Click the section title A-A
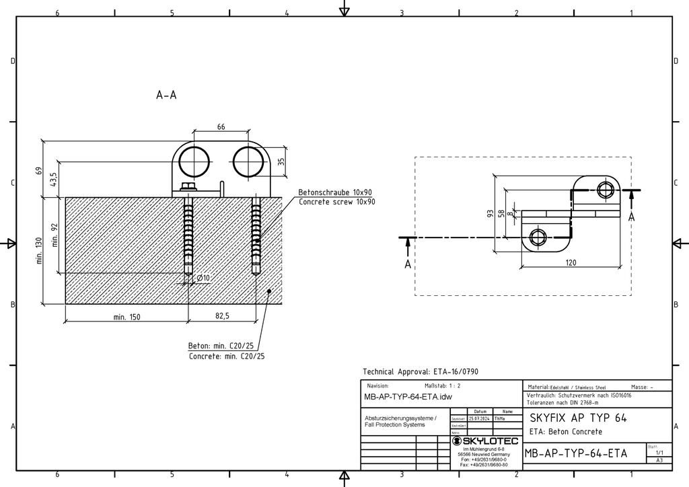[166, 96]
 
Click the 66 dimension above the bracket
[221, 126]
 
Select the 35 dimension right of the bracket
[281, 161]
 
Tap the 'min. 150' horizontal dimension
[126, 316]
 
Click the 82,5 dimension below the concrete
[222, 316]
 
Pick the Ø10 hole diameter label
[203, 278]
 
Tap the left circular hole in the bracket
[194, 161]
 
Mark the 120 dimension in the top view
[571, 262]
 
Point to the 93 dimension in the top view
[491, 213]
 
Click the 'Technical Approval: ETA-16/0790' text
[421, 371]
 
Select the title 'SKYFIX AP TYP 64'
[578, 418]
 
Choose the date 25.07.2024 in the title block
[480, 418]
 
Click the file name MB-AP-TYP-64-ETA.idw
[408, 397]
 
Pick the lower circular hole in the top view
[538, 236]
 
